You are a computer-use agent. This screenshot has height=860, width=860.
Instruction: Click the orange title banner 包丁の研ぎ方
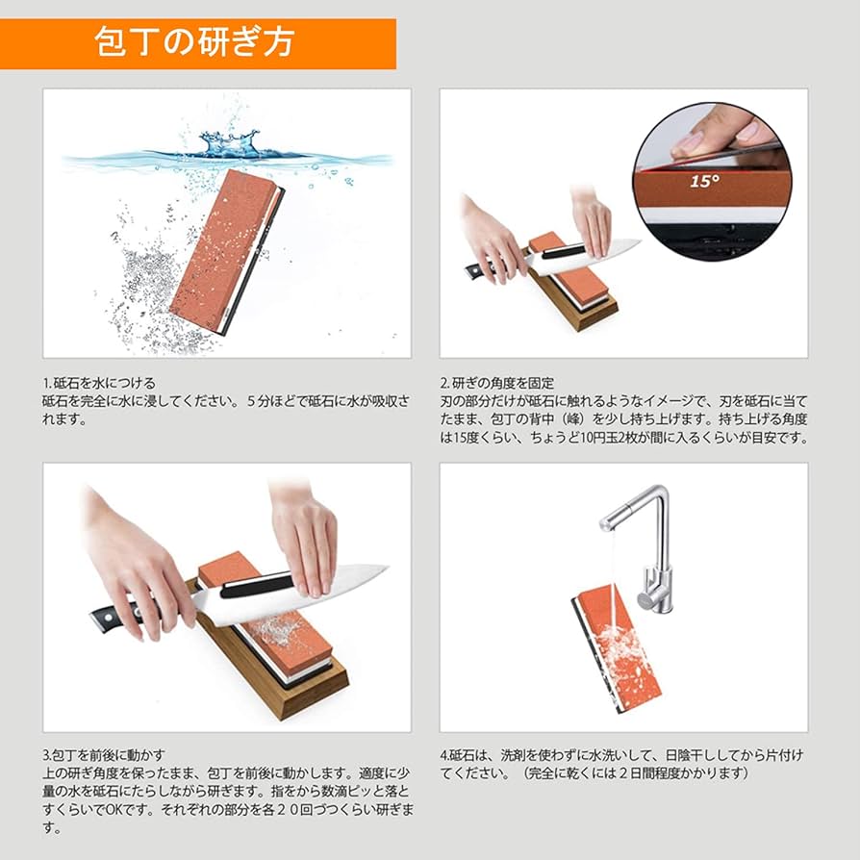[x=197, y=43]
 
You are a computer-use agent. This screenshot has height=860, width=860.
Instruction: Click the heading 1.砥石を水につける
[x=99, y=383]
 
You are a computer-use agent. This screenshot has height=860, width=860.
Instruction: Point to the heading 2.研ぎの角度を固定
[x=497, y=383]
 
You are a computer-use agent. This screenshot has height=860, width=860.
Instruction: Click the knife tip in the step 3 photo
[x=383, y=569]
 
